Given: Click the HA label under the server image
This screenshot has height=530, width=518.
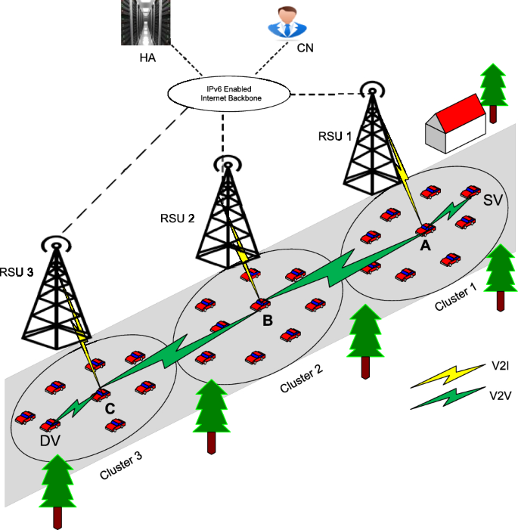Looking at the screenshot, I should click(x=147, y=58).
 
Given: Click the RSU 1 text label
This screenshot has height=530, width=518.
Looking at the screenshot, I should click(x=335, y=136).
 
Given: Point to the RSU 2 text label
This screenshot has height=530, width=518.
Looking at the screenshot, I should click(x=178, y=219).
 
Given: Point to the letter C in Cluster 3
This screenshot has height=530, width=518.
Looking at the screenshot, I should click(x=110, y=408).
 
